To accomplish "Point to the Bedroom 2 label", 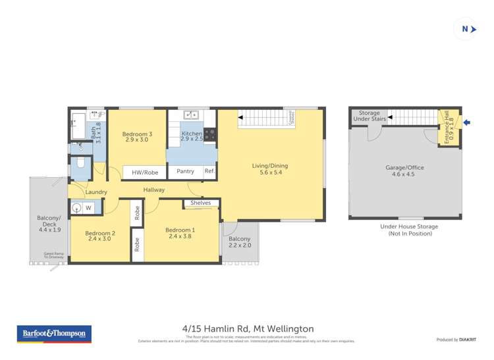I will (x=100, y=236).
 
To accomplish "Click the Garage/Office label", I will (x=404, y=171).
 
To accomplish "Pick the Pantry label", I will (x=185, y=171).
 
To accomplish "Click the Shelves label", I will (x=200, y=203).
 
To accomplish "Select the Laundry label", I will (x=96, y=192).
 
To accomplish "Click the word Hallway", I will (x=154, y=190).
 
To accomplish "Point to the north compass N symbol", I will (x=466, y=29).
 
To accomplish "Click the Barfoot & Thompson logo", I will (x=55, y=334).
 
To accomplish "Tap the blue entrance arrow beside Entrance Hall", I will (x=467, y=122).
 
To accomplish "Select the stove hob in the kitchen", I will (x=210, y=134).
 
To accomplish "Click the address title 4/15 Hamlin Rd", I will (x=248, y=328).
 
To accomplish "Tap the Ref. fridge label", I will (x=209, y=171).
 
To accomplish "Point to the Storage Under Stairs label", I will (x=369, y=116).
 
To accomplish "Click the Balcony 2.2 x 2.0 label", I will (x=240, y=242).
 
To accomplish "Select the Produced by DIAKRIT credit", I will (x=456, y=339).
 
